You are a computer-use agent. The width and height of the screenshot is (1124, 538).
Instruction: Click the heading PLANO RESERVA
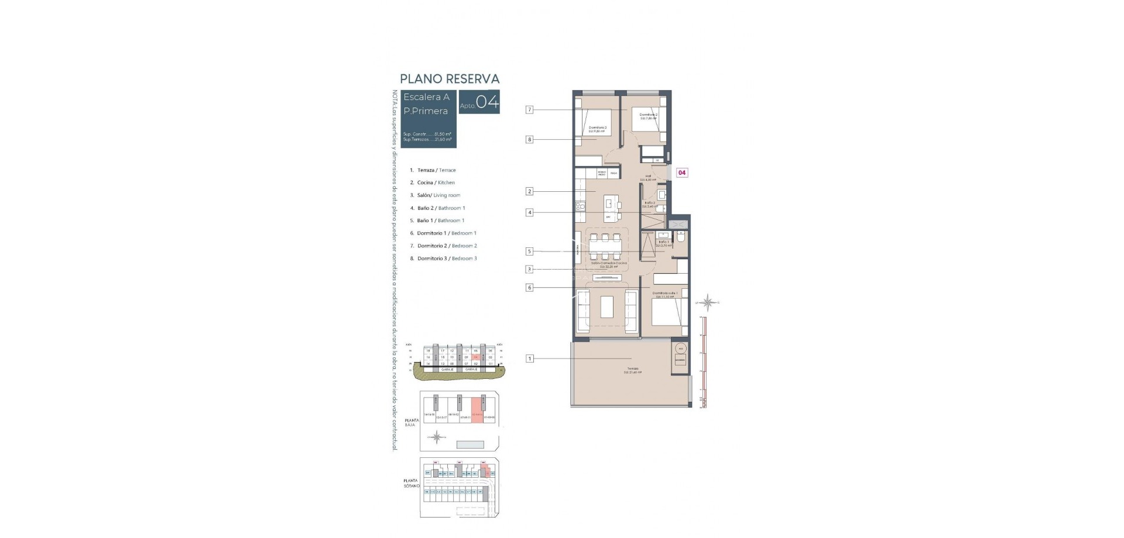point(449,79)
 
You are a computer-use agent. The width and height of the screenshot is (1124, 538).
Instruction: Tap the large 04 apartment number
point(487,103)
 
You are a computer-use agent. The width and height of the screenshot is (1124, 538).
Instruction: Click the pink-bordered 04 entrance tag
point(682,173)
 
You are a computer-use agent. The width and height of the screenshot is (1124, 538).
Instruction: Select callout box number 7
point(529,109)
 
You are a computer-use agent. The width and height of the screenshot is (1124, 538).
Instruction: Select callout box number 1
point(529,358)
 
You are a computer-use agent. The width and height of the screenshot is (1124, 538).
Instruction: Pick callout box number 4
point(529,213)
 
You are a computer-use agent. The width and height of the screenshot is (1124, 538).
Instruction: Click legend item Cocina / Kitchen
point(436,182)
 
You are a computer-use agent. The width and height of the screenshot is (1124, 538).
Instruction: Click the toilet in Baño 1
point(680,236)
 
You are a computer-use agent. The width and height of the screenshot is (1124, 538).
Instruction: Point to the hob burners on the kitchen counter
point(581,206)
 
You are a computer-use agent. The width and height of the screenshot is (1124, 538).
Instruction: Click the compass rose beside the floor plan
point(708,302)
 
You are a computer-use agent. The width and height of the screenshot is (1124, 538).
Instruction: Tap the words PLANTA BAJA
point(412,422)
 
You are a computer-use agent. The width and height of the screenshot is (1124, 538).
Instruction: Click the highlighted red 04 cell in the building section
point(476,356)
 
